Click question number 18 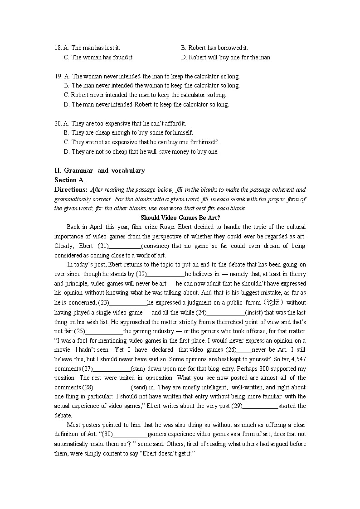[58, 48]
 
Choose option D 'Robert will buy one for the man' [226, 57]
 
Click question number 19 [58, 76]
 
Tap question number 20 [58, 123]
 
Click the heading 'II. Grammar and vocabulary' [100, 170]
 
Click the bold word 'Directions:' [71, 189]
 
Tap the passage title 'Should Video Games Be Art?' [180, 218]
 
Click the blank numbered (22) [166, 274]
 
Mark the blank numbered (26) [244, 350]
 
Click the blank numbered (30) [130, 434]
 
